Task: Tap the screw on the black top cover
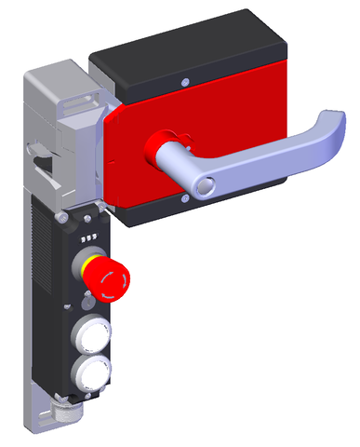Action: pyautogui.click(x=187, y=82)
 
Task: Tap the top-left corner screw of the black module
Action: pyautogui.click(x=61, y=218)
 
